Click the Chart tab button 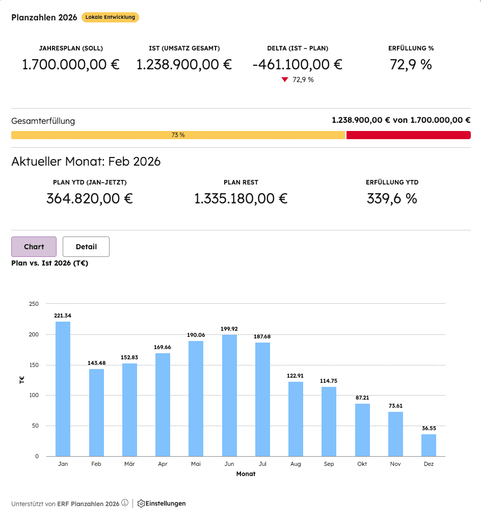click(34, 247)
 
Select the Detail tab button click(86, 247)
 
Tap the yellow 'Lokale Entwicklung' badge click(110, 17)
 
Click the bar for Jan click(63, 389)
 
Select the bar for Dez click(429, 445)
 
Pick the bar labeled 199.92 click(229, 396)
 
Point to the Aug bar click(296, 419)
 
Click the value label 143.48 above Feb click(96, 362)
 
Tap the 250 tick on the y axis click(34, 304)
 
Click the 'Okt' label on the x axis click(362, 464)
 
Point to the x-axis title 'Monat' click(246, 474)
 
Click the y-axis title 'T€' click(22, 380)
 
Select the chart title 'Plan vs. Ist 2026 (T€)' click(49, 263)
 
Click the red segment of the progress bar click(408, 135)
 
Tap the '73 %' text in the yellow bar click(178, 135)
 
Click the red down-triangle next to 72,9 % click(285, 80)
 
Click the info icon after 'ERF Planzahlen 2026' click(125, 503)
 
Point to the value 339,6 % click(392, 199)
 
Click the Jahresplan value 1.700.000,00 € click(71, 65)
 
